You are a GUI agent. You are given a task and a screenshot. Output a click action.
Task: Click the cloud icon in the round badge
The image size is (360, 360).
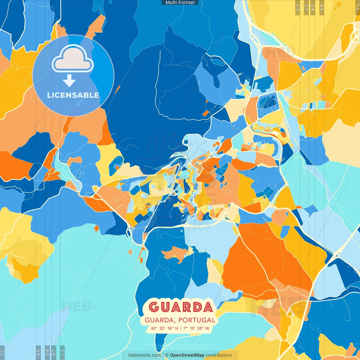pyautogui.click(x=73, y=59)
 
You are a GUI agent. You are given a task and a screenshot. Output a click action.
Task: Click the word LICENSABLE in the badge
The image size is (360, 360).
pyautogui.click(x=73, y=95)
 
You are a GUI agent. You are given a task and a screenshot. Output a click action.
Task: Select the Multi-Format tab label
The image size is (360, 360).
pyautogui.click(x=180, y=3)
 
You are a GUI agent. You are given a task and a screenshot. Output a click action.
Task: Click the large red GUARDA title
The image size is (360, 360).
pyautogui.click(x=180, y=307)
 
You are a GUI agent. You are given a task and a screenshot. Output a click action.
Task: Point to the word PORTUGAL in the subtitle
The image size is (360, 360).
pyautogui.click(x=197, y=320)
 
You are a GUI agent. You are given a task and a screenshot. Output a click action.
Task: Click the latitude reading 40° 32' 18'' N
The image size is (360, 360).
pyautogui.click(x=164, y=328)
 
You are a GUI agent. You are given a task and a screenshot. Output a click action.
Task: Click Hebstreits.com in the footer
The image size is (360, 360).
pyautogui.click(x=145, y=355)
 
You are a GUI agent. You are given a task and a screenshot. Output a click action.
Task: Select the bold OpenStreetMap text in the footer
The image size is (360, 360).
pyautogui.click(x=187, y=355)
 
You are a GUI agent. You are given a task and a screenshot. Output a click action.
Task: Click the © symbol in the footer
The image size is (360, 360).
pyautogui.click(x=166, y=355)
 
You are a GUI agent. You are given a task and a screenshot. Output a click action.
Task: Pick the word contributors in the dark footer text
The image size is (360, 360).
pyautogui.click(x=219, y=355)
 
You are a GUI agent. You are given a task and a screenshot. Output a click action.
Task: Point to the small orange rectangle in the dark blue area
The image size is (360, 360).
pyautogui.click(x=206, y=113)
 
